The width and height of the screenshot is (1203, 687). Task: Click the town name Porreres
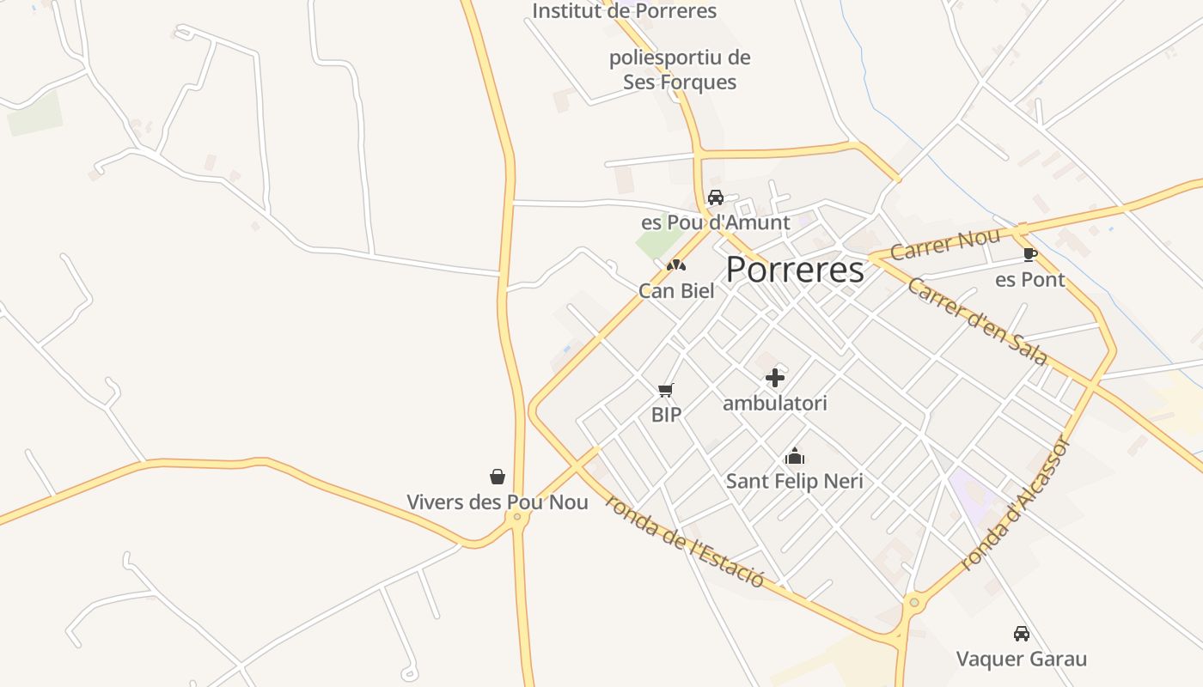[x=795, y=271]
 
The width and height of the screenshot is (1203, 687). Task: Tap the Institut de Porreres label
[x=624, y=11]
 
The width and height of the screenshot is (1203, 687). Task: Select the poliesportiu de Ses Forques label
[x=680, y=70]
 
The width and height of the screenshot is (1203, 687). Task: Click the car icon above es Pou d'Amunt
[x=716, y=198]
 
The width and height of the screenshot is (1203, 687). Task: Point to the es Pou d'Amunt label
[x=715, y=222]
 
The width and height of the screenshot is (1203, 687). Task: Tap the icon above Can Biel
[x=676, y=265]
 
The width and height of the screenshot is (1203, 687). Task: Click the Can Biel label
[x=676, y=290]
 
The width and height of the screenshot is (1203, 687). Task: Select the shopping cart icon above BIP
[x=666, y=391]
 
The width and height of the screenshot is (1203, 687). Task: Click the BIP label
[x=666, y=415]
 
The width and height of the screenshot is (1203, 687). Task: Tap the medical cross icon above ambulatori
[x=775, y=377]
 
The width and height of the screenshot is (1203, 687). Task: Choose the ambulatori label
[x=775, y=403]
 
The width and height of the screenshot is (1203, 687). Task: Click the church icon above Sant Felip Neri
[x=795, y=456]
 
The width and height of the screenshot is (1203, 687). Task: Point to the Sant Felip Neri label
[x=795, y=481]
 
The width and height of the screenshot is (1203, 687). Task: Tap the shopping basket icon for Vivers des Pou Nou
[x=498, y=477]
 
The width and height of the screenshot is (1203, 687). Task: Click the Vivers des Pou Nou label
[x=498, y=502]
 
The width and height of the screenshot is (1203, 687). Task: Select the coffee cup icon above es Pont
[x=1029, y=254]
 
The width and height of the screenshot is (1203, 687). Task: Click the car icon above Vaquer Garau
[x=1022, y=634]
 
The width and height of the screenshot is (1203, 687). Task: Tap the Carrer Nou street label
[x=945, y=244]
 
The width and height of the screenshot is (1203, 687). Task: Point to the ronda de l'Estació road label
[x=684, y=541]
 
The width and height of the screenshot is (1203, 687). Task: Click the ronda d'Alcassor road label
[x=1015, y=505]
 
